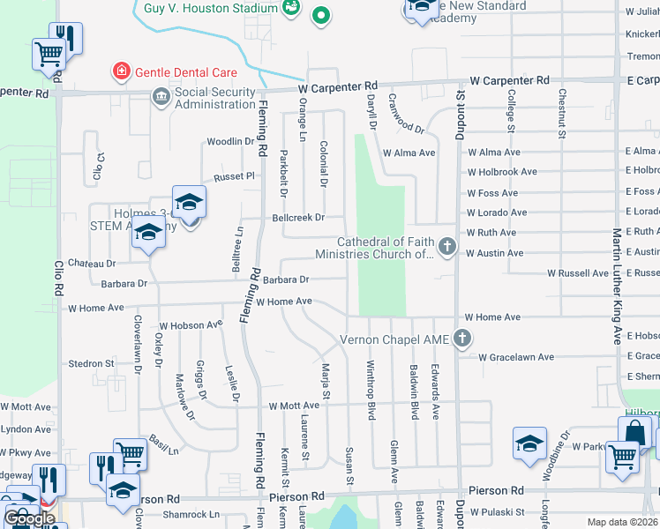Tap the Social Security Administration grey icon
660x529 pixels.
point(161,96)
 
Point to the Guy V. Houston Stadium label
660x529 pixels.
point(209,7)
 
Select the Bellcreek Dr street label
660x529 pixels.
point(298,217)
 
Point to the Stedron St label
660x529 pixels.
point(92,363)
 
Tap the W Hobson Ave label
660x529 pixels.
point(191,325)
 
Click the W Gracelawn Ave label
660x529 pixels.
point(516,357)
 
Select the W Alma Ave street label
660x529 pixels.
point(409,153)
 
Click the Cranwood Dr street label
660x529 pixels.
point(407,115)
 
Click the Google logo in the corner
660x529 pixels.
point(29,518)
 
